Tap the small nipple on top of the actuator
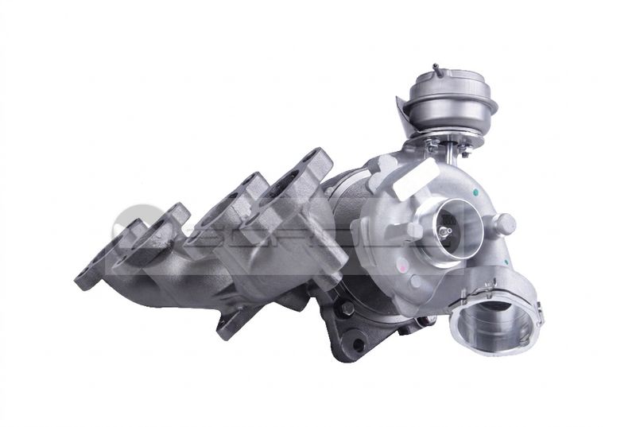436,68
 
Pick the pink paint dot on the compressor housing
414,281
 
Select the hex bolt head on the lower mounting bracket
347,309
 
